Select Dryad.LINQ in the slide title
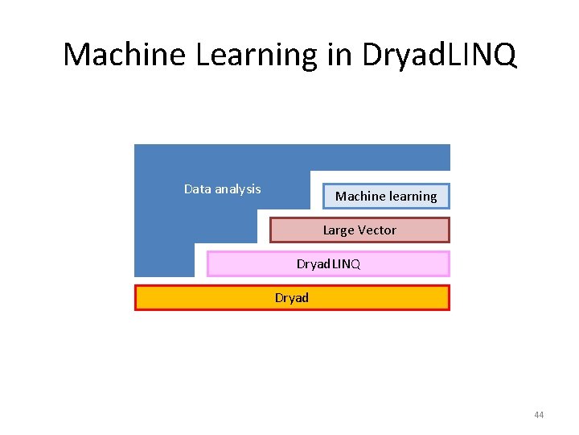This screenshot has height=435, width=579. tap(439, 55)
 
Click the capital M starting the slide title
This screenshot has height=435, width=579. tap(76, 55)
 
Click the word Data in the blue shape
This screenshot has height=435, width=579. tap(197, 189)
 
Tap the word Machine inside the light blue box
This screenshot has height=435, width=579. tap(359, 197)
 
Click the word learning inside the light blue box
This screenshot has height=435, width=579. tap(413, 197)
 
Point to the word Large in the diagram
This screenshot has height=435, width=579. tap(339, 230)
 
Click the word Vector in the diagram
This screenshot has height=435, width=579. tap(377, 230)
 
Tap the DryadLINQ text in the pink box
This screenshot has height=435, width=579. tap(328, 264)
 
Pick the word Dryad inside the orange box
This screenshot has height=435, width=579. tap(291, 298)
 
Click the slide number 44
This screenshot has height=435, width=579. tap(538, 415)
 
